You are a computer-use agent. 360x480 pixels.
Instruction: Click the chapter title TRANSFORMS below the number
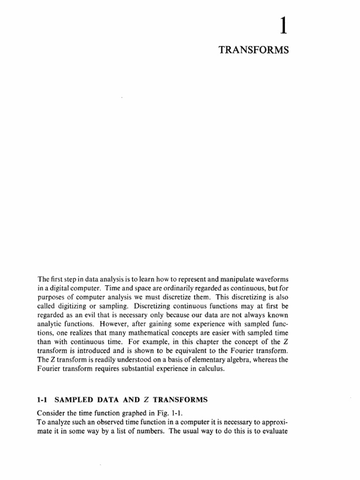[253, 51]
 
